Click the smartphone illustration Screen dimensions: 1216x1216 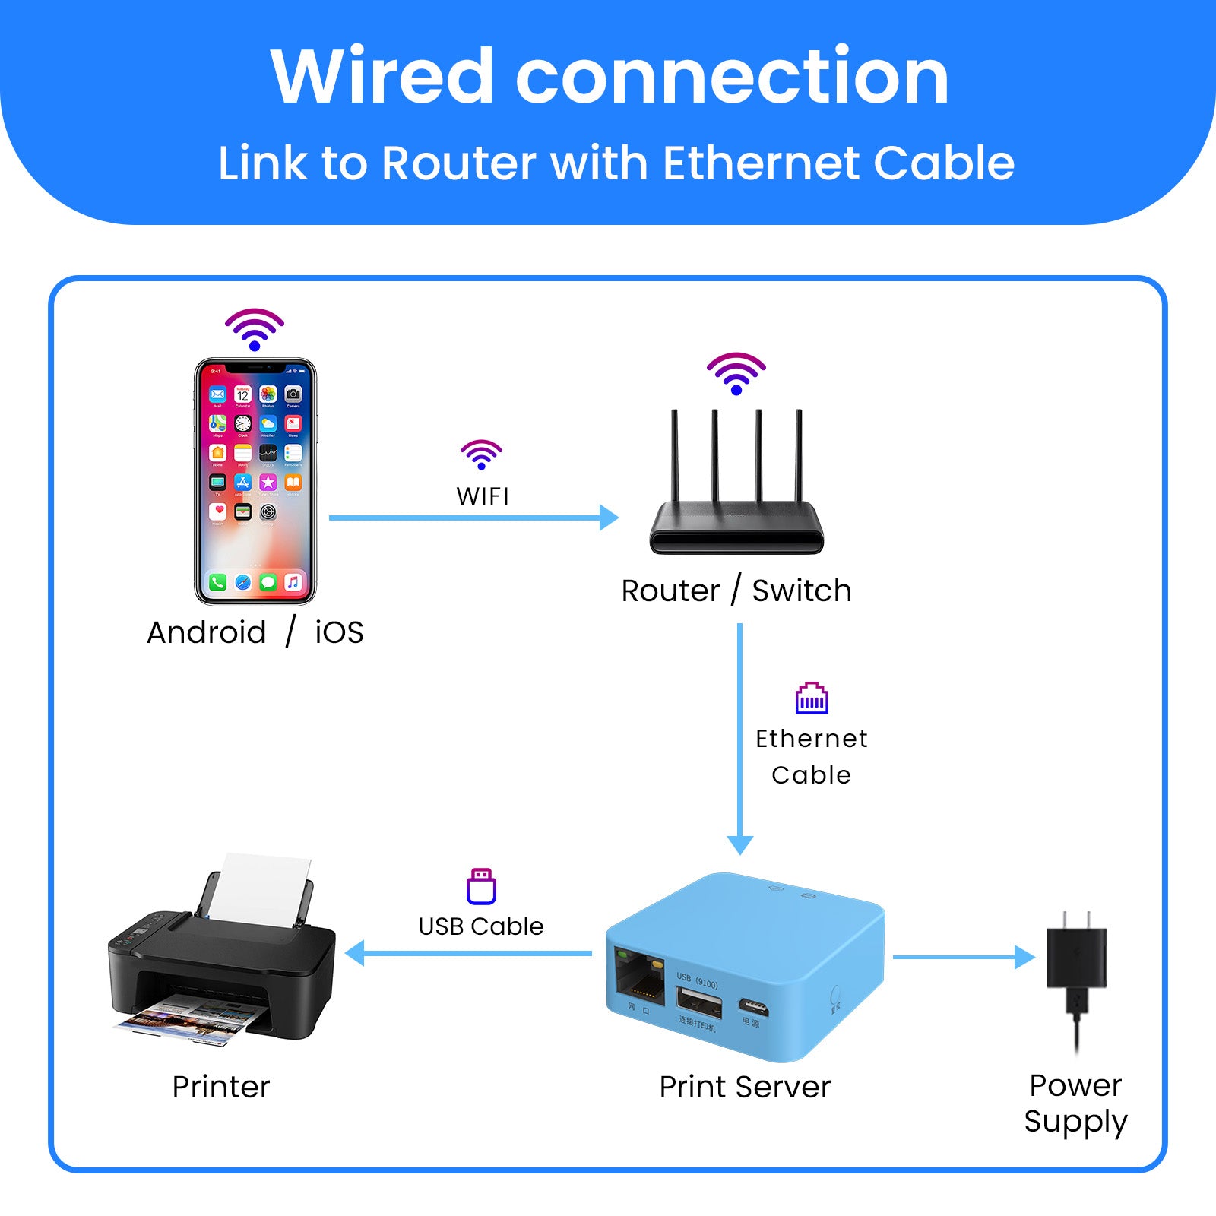(255, 480)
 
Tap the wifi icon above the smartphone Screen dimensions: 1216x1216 (255, 329)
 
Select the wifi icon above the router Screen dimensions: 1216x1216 (736, 373)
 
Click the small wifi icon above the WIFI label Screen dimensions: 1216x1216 (481, 454)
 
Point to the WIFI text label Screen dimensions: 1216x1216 (483, 496)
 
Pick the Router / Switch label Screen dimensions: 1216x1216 (736, 591)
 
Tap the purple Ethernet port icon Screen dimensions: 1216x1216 (812, 698)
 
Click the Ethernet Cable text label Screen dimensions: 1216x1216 (812, 756)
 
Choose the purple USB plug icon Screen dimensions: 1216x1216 (481, 886)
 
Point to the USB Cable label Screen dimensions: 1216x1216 (481, 926)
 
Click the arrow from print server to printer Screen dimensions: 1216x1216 (468, 953)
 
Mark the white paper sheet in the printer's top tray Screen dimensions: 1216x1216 (262, 885)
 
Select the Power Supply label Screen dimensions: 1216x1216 (1075, 1104)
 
